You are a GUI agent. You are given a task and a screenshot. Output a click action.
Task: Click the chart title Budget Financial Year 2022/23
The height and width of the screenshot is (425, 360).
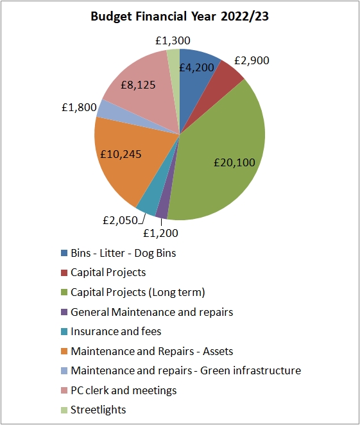[180, 17]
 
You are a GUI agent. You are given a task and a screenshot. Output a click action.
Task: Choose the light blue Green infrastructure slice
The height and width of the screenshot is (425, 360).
[105, 110]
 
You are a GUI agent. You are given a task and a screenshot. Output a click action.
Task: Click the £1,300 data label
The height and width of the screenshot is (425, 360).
[173, 40]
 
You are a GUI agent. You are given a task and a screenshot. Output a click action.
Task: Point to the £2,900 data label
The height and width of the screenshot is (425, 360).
[252, 61]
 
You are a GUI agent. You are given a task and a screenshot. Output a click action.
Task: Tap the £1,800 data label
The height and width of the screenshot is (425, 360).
[78, 107]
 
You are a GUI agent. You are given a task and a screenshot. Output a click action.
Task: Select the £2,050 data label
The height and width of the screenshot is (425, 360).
[119, 220]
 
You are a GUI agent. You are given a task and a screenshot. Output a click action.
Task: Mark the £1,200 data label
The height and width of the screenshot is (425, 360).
[160, 233]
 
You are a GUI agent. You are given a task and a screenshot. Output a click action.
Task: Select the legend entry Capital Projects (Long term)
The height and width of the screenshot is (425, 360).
[137, 292]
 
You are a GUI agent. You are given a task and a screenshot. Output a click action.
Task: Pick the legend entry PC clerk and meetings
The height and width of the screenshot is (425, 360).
[123, 390]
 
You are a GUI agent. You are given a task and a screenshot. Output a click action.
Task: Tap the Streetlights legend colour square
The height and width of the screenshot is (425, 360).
[64, 410]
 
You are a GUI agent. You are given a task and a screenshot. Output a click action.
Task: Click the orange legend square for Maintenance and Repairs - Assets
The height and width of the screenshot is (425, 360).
[64, 351]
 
